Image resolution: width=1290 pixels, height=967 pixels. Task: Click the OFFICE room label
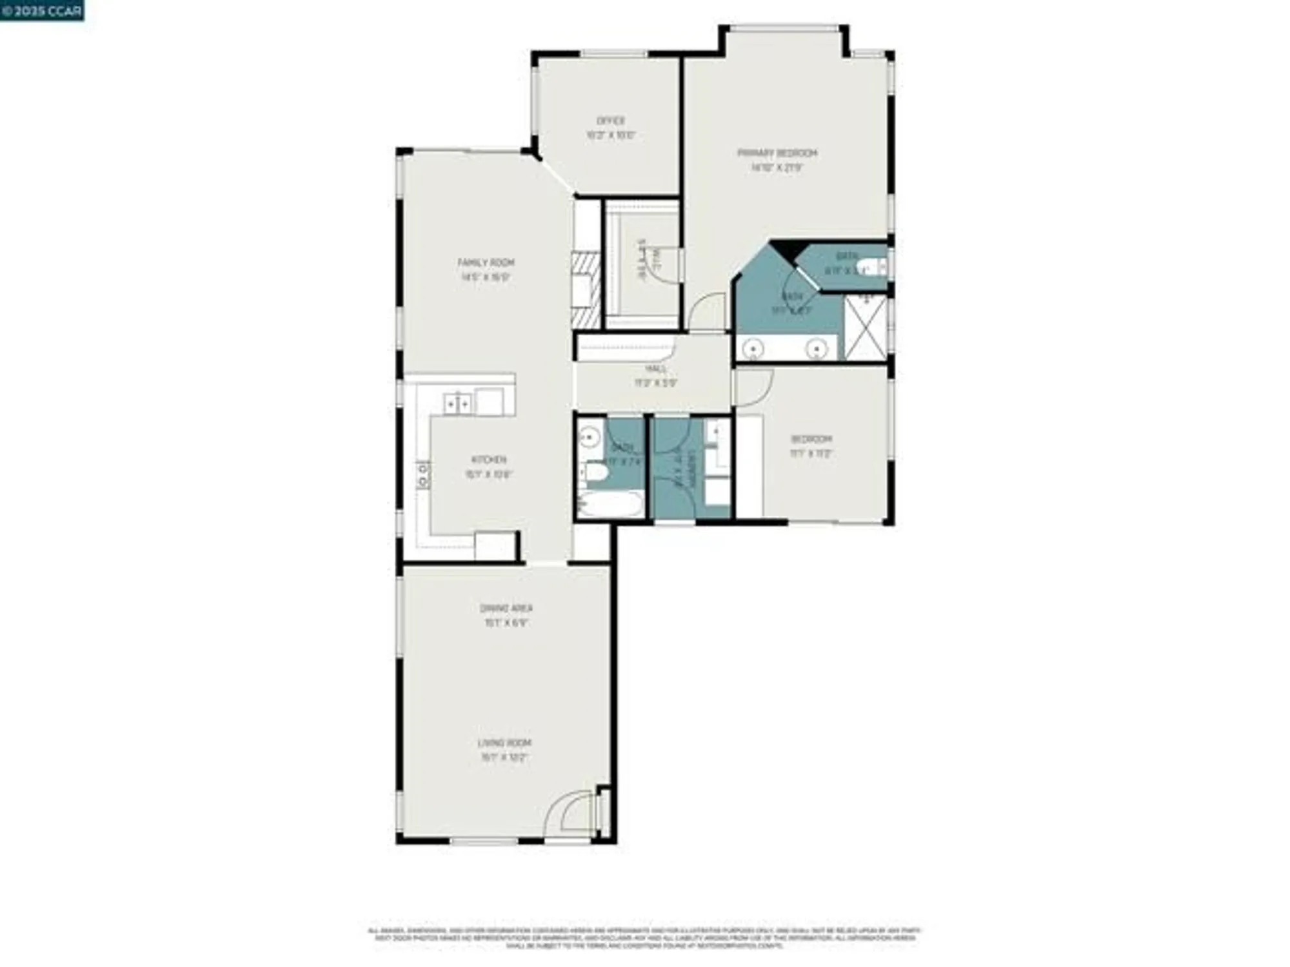pos(610,121)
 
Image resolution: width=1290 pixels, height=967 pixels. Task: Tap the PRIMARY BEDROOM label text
pos(777,153)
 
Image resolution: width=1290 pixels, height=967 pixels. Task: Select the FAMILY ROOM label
pos(486,263)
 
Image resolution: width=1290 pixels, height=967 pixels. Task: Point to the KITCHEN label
pos(489,460)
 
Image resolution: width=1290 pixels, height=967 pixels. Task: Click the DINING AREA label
pos(506,609)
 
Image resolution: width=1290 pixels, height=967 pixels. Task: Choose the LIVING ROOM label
pos(504,743)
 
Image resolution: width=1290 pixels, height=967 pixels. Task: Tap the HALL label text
pos(655,369)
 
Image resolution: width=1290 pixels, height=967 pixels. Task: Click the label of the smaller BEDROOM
pos(811,440)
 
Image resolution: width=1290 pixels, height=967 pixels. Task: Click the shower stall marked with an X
pos(866,327)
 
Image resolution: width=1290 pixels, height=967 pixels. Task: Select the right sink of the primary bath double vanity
pos(817,349)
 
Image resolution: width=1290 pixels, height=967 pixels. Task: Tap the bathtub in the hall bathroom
pos(610,504)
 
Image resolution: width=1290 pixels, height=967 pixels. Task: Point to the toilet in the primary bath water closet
pos(872,266)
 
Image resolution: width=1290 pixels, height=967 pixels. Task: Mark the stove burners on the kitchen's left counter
pos(423,476)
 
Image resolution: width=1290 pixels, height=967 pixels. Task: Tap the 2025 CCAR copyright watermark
pos(42,10)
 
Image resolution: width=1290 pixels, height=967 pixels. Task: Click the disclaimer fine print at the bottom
pos(645,938)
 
